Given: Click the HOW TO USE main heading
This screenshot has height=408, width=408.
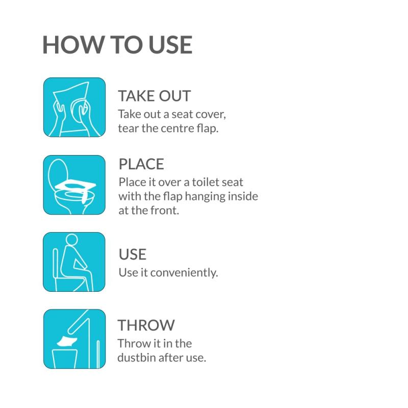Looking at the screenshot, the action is pos(117,45).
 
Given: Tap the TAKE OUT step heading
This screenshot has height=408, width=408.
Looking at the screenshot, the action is pos(155,96).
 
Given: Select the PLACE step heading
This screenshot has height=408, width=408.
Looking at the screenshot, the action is pos(141,164).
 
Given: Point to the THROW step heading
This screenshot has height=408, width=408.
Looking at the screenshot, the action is pos(146,325).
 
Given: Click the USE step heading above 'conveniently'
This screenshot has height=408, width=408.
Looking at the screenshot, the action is pos(133,254).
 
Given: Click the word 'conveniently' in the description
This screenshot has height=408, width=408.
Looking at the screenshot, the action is pos(184,273).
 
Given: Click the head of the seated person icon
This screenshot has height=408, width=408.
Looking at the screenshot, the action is pos(72,239).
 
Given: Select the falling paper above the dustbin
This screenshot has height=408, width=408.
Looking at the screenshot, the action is pos(67,341).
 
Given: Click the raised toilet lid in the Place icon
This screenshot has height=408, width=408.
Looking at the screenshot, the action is pos(58,172).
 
